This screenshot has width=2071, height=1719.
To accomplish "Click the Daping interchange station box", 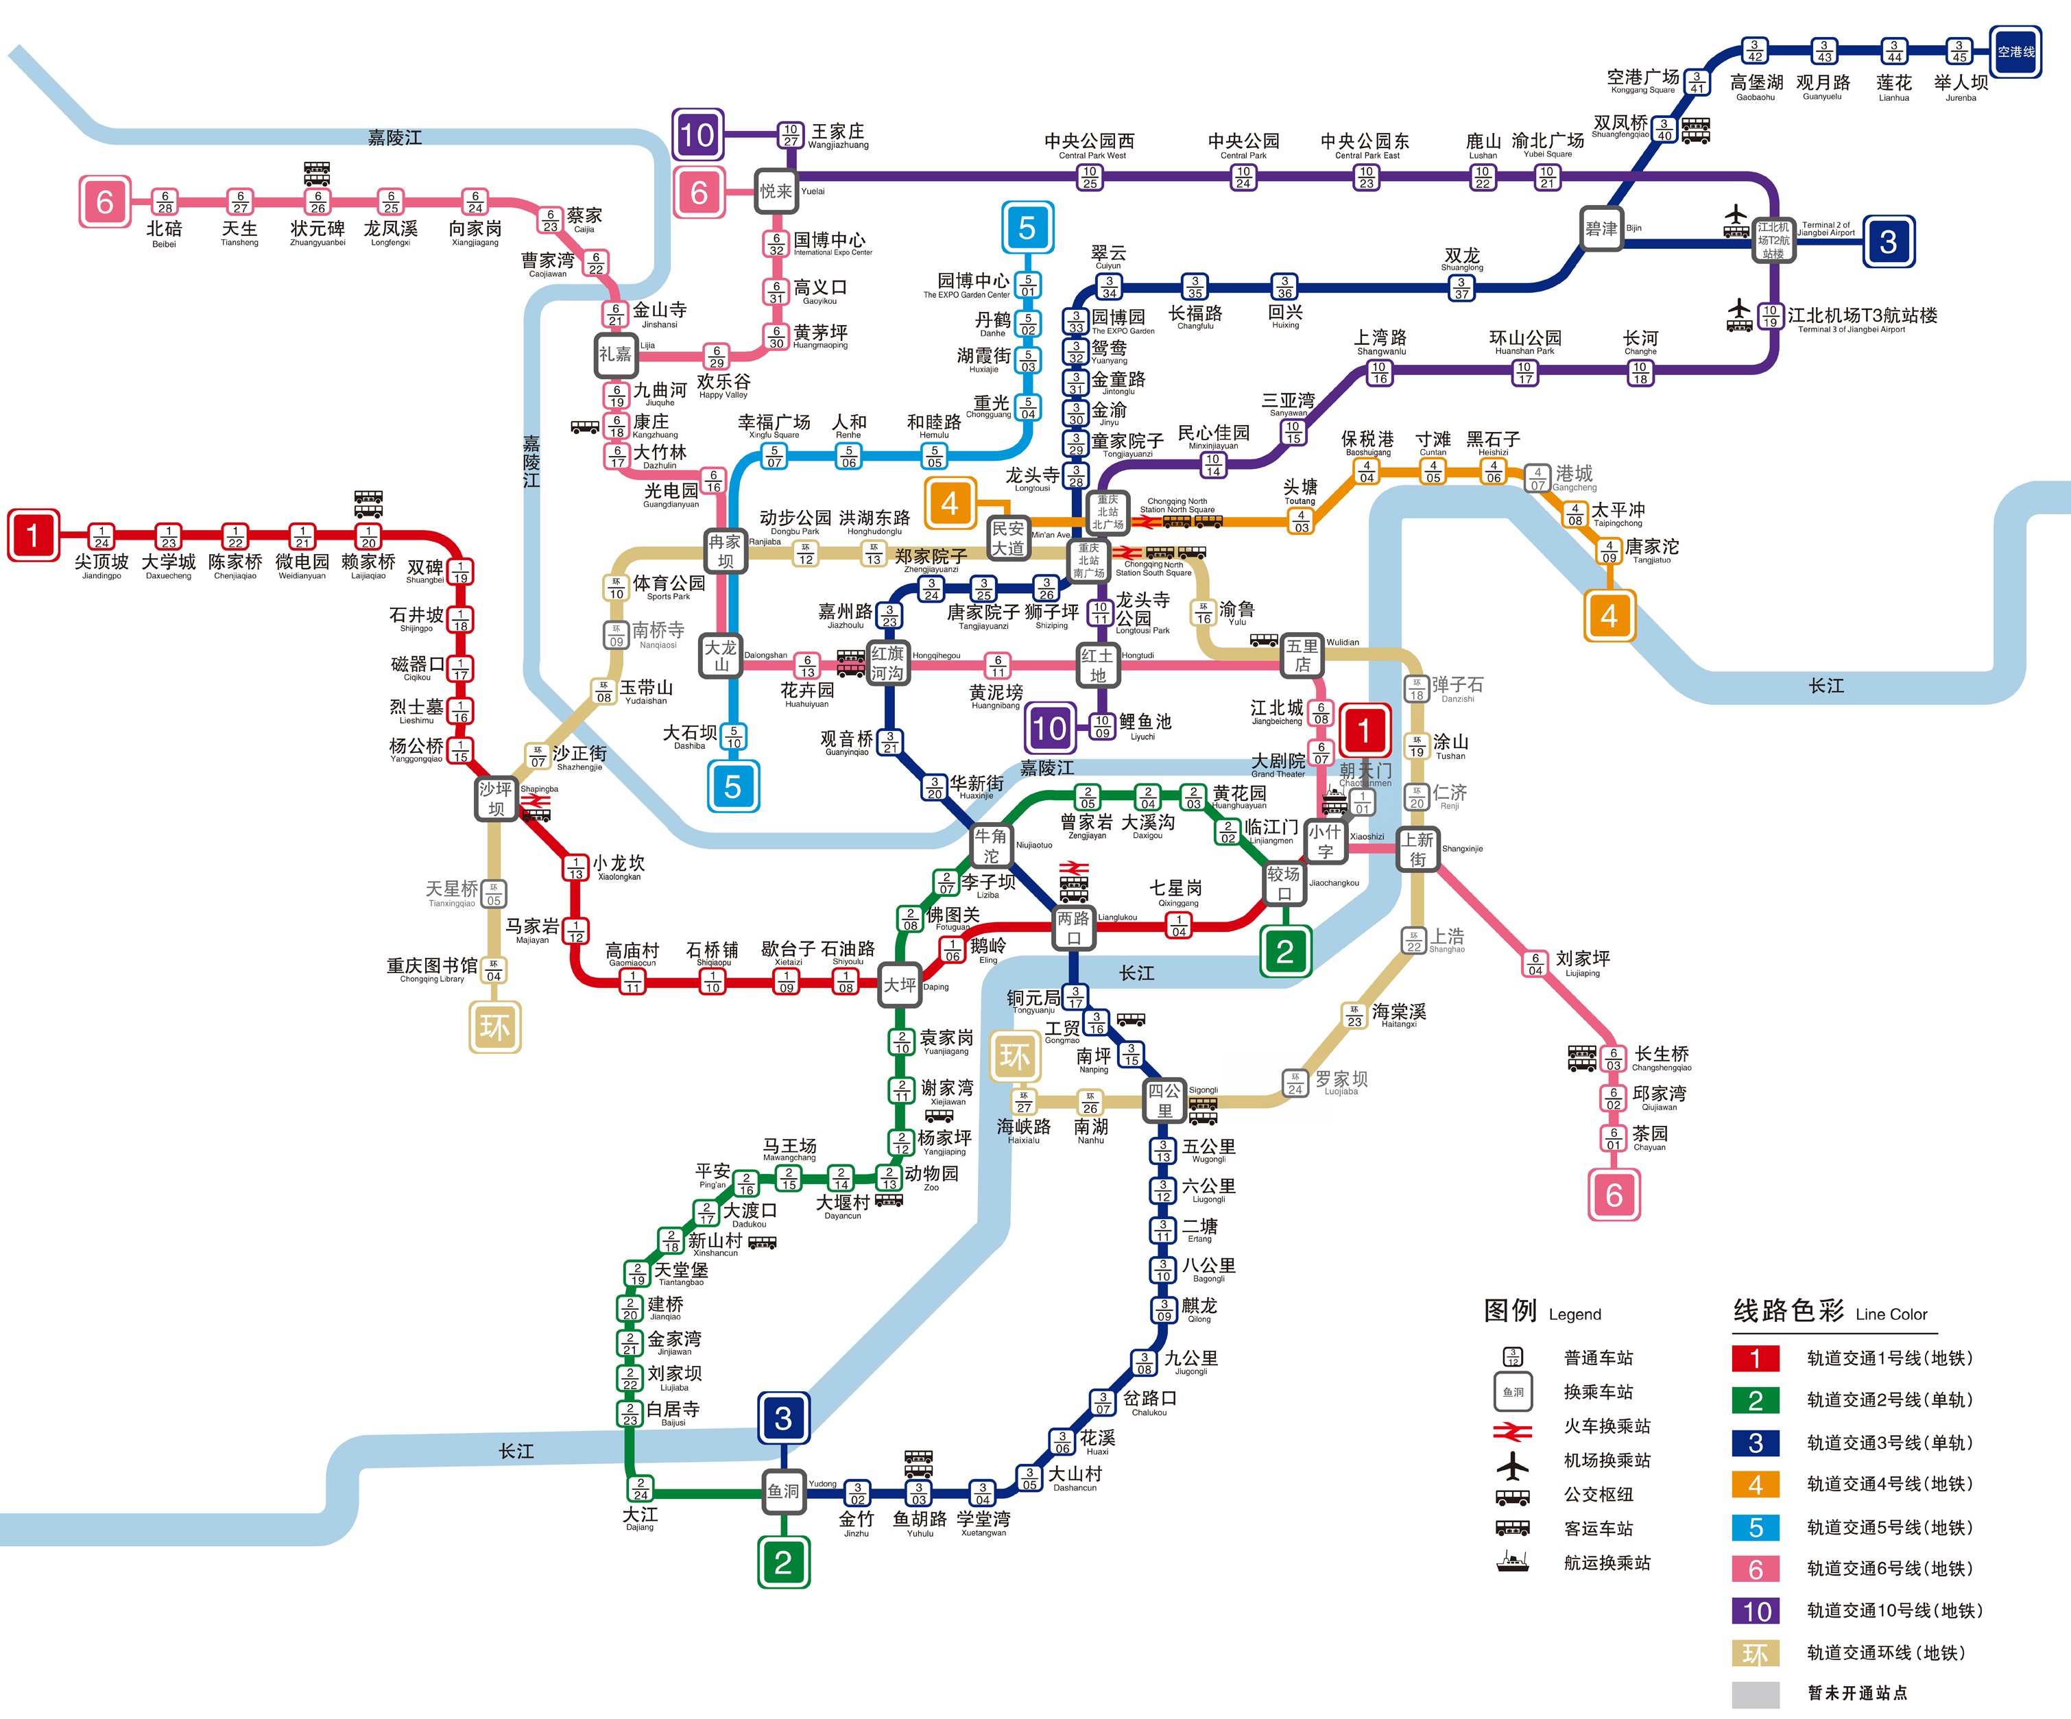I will (900, 984).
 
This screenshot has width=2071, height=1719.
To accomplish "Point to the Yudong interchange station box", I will (783, 1491).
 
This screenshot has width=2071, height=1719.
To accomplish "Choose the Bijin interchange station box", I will (1601, 229).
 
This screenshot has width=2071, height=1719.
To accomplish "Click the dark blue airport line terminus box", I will (2015, 51).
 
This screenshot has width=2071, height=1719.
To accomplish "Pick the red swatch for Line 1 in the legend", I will (1756, 1358).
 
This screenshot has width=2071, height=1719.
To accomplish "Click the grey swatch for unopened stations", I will (1756, 1694).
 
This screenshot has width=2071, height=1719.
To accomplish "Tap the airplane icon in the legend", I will (1512, 1465).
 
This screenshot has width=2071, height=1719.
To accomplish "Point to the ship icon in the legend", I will (1512, 1561).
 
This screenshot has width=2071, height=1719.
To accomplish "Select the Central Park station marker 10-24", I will (1243, 176).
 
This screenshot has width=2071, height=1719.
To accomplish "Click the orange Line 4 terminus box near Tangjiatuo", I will (1609, 616).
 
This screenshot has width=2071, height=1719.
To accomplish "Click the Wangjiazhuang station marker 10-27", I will (790, 135).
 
